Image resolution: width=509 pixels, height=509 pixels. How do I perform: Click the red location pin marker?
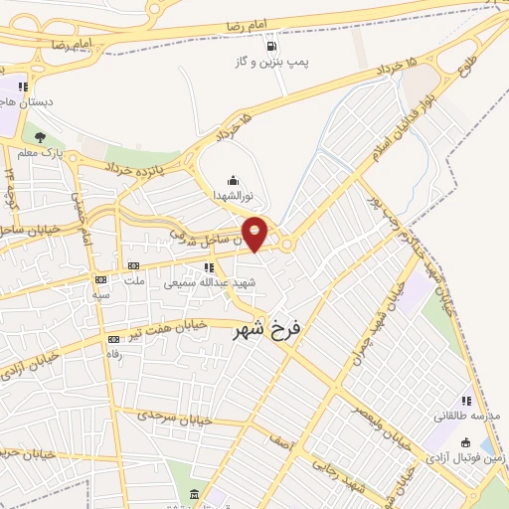tap(255, 234)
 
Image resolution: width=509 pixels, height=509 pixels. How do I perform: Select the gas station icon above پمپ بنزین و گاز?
tap(270, 46)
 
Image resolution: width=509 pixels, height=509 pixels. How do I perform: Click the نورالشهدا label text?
tap(236, 196)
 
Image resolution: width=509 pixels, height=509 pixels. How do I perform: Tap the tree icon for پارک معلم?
tap(40, 138)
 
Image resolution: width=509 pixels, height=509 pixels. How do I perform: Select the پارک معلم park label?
tap(44, 154)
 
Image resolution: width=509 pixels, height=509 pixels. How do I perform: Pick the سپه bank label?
tap(100, 295)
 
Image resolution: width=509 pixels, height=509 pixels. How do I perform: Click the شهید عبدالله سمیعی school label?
tap(210, 282)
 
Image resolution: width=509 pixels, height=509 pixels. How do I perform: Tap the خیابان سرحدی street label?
tap(179, 420)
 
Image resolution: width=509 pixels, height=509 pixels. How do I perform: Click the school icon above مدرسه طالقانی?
tap(466, 401)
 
